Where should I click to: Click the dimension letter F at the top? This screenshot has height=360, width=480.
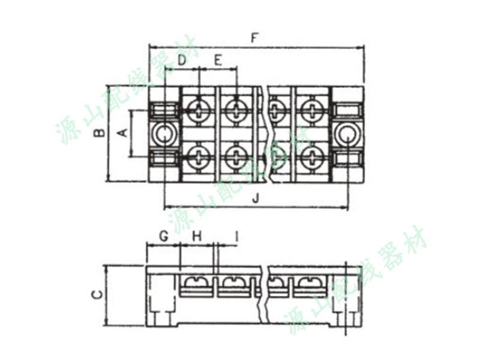click(x=254, y=38)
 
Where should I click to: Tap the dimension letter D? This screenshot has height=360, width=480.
click(x=182, y=61)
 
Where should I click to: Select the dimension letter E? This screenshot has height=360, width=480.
click(x=218, y=61)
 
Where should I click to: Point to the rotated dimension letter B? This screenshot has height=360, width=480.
click(x=100, y=133)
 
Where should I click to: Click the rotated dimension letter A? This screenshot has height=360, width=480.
click(x=123, y=133)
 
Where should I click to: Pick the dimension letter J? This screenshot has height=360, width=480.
click(x=256, y=199)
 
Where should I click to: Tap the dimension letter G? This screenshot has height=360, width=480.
click(x=164, y=236)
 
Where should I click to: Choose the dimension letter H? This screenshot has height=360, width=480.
click(x=197, y=236)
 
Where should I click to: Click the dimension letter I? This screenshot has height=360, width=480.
click(x=236, y=236)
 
